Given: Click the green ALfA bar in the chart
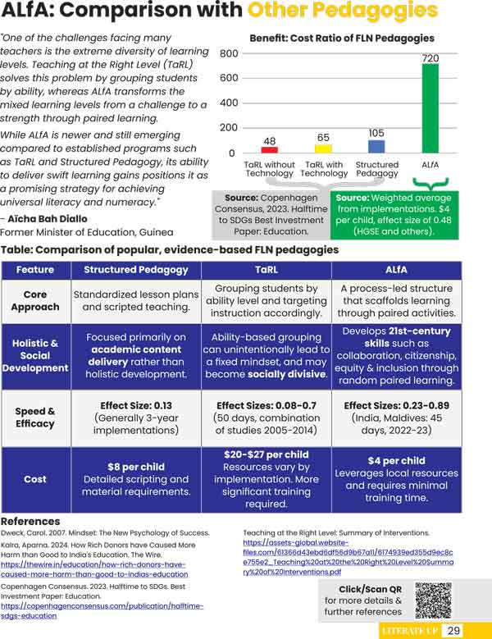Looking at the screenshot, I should coord(430,108).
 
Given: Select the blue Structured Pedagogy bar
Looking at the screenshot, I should coord(376,147).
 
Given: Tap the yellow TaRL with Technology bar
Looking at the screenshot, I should coord(323,149).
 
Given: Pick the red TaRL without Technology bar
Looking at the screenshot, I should coord(269,150).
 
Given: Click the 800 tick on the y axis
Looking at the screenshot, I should coord(229,53).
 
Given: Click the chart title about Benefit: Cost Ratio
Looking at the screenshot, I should coord(342,39).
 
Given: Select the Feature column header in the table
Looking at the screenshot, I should coord(35,269).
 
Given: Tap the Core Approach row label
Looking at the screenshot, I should coord(35,300).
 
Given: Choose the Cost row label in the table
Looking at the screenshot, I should coord(35,479).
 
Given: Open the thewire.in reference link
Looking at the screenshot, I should coord(94,569).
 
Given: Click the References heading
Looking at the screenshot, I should coord(30,522).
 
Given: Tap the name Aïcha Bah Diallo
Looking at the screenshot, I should coord(55,219).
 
